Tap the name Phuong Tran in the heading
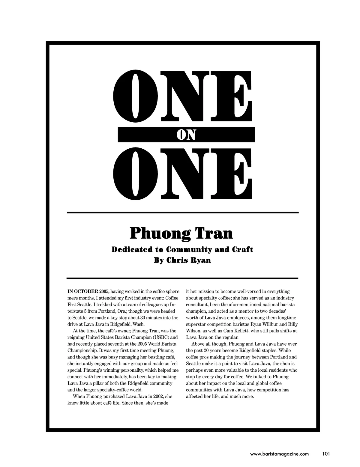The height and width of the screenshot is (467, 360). [181, 233]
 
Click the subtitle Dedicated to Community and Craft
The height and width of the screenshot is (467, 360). [182, 249]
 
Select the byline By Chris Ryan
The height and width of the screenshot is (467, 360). [182, 260]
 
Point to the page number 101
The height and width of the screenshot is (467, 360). [326, 454]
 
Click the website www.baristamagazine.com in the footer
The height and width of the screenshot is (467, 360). [279, 454]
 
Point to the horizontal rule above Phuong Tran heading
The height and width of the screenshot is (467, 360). [182, 213]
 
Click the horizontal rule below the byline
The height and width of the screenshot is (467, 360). [182, 278]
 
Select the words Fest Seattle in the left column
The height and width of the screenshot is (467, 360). [78, 305]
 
